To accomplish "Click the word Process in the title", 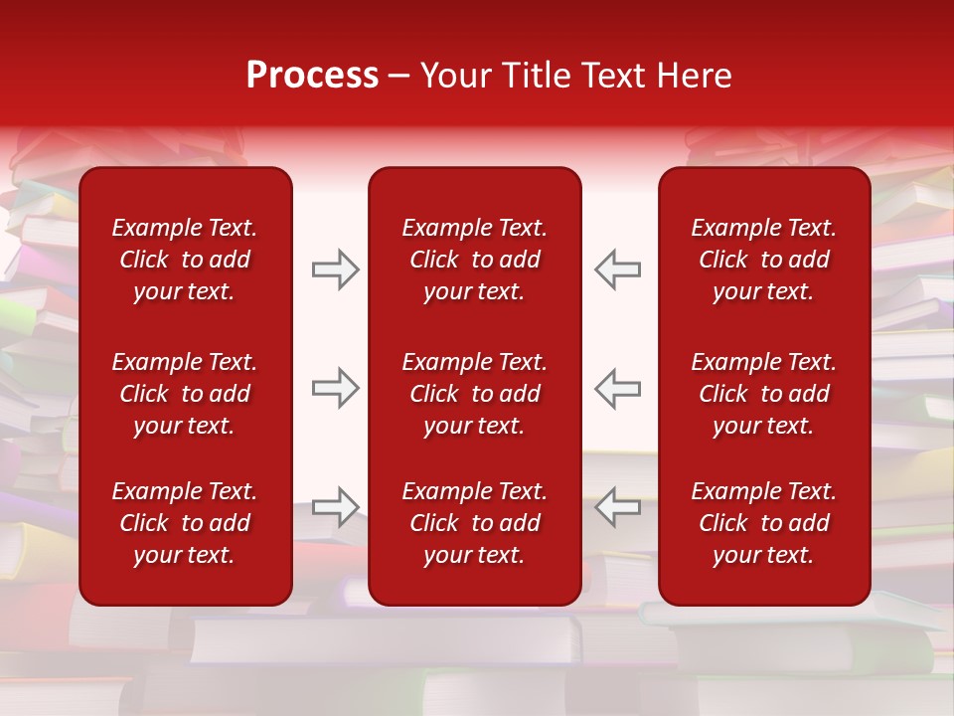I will tap(312, 76).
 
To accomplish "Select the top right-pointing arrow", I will tap(336, 269).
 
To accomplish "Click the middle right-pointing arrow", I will tap(336, 388).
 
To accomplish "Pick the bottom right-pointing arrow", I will tap(336, 507).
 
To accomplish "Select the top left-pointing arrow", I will tap(617, 269).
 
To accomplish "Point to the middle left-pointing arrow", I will tap(617, 388).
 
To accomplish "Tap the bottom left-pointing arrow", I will tap(617, 507).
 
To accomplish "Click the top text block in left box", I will tap(185, 260).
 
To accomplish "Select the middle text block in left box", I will tap(185, 394).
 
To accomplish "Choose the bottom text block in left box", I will tap(185, 523).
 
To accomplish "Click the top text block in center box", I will tap(475, 260).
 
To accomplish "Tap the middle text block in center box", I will tap(475, 394).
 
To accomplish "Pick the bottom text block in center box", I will tap(475, 523).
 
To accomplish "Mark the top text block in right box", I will tap(764, 260).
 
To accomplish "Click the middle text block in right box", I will tap(764, 394).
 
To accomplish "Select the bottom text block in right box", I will tap(764, 523).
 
